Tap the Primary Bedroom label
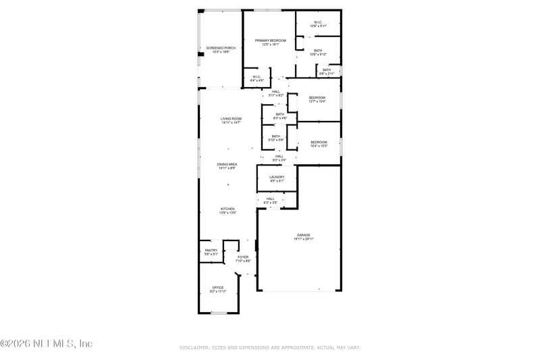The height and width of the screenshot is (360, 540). (270, 41)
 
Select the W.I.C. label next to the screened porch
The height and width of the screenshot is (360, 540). (257, 77)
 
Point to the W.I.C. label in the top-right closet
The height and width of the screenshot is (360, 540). (317, 24)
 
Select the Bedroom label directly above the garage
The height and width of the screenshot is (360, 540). (319, 143)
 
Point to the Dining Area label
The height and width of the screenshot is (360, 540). (227, 165)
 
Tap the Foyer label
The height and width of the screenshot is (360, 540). (242, 257)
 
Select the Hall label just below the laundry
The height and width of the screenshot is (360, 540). (270, 199)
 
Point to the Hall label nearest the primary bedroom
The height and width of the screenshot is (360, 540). (275, 92)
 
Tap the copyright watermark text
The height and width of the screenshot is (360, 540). (46, 343)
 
